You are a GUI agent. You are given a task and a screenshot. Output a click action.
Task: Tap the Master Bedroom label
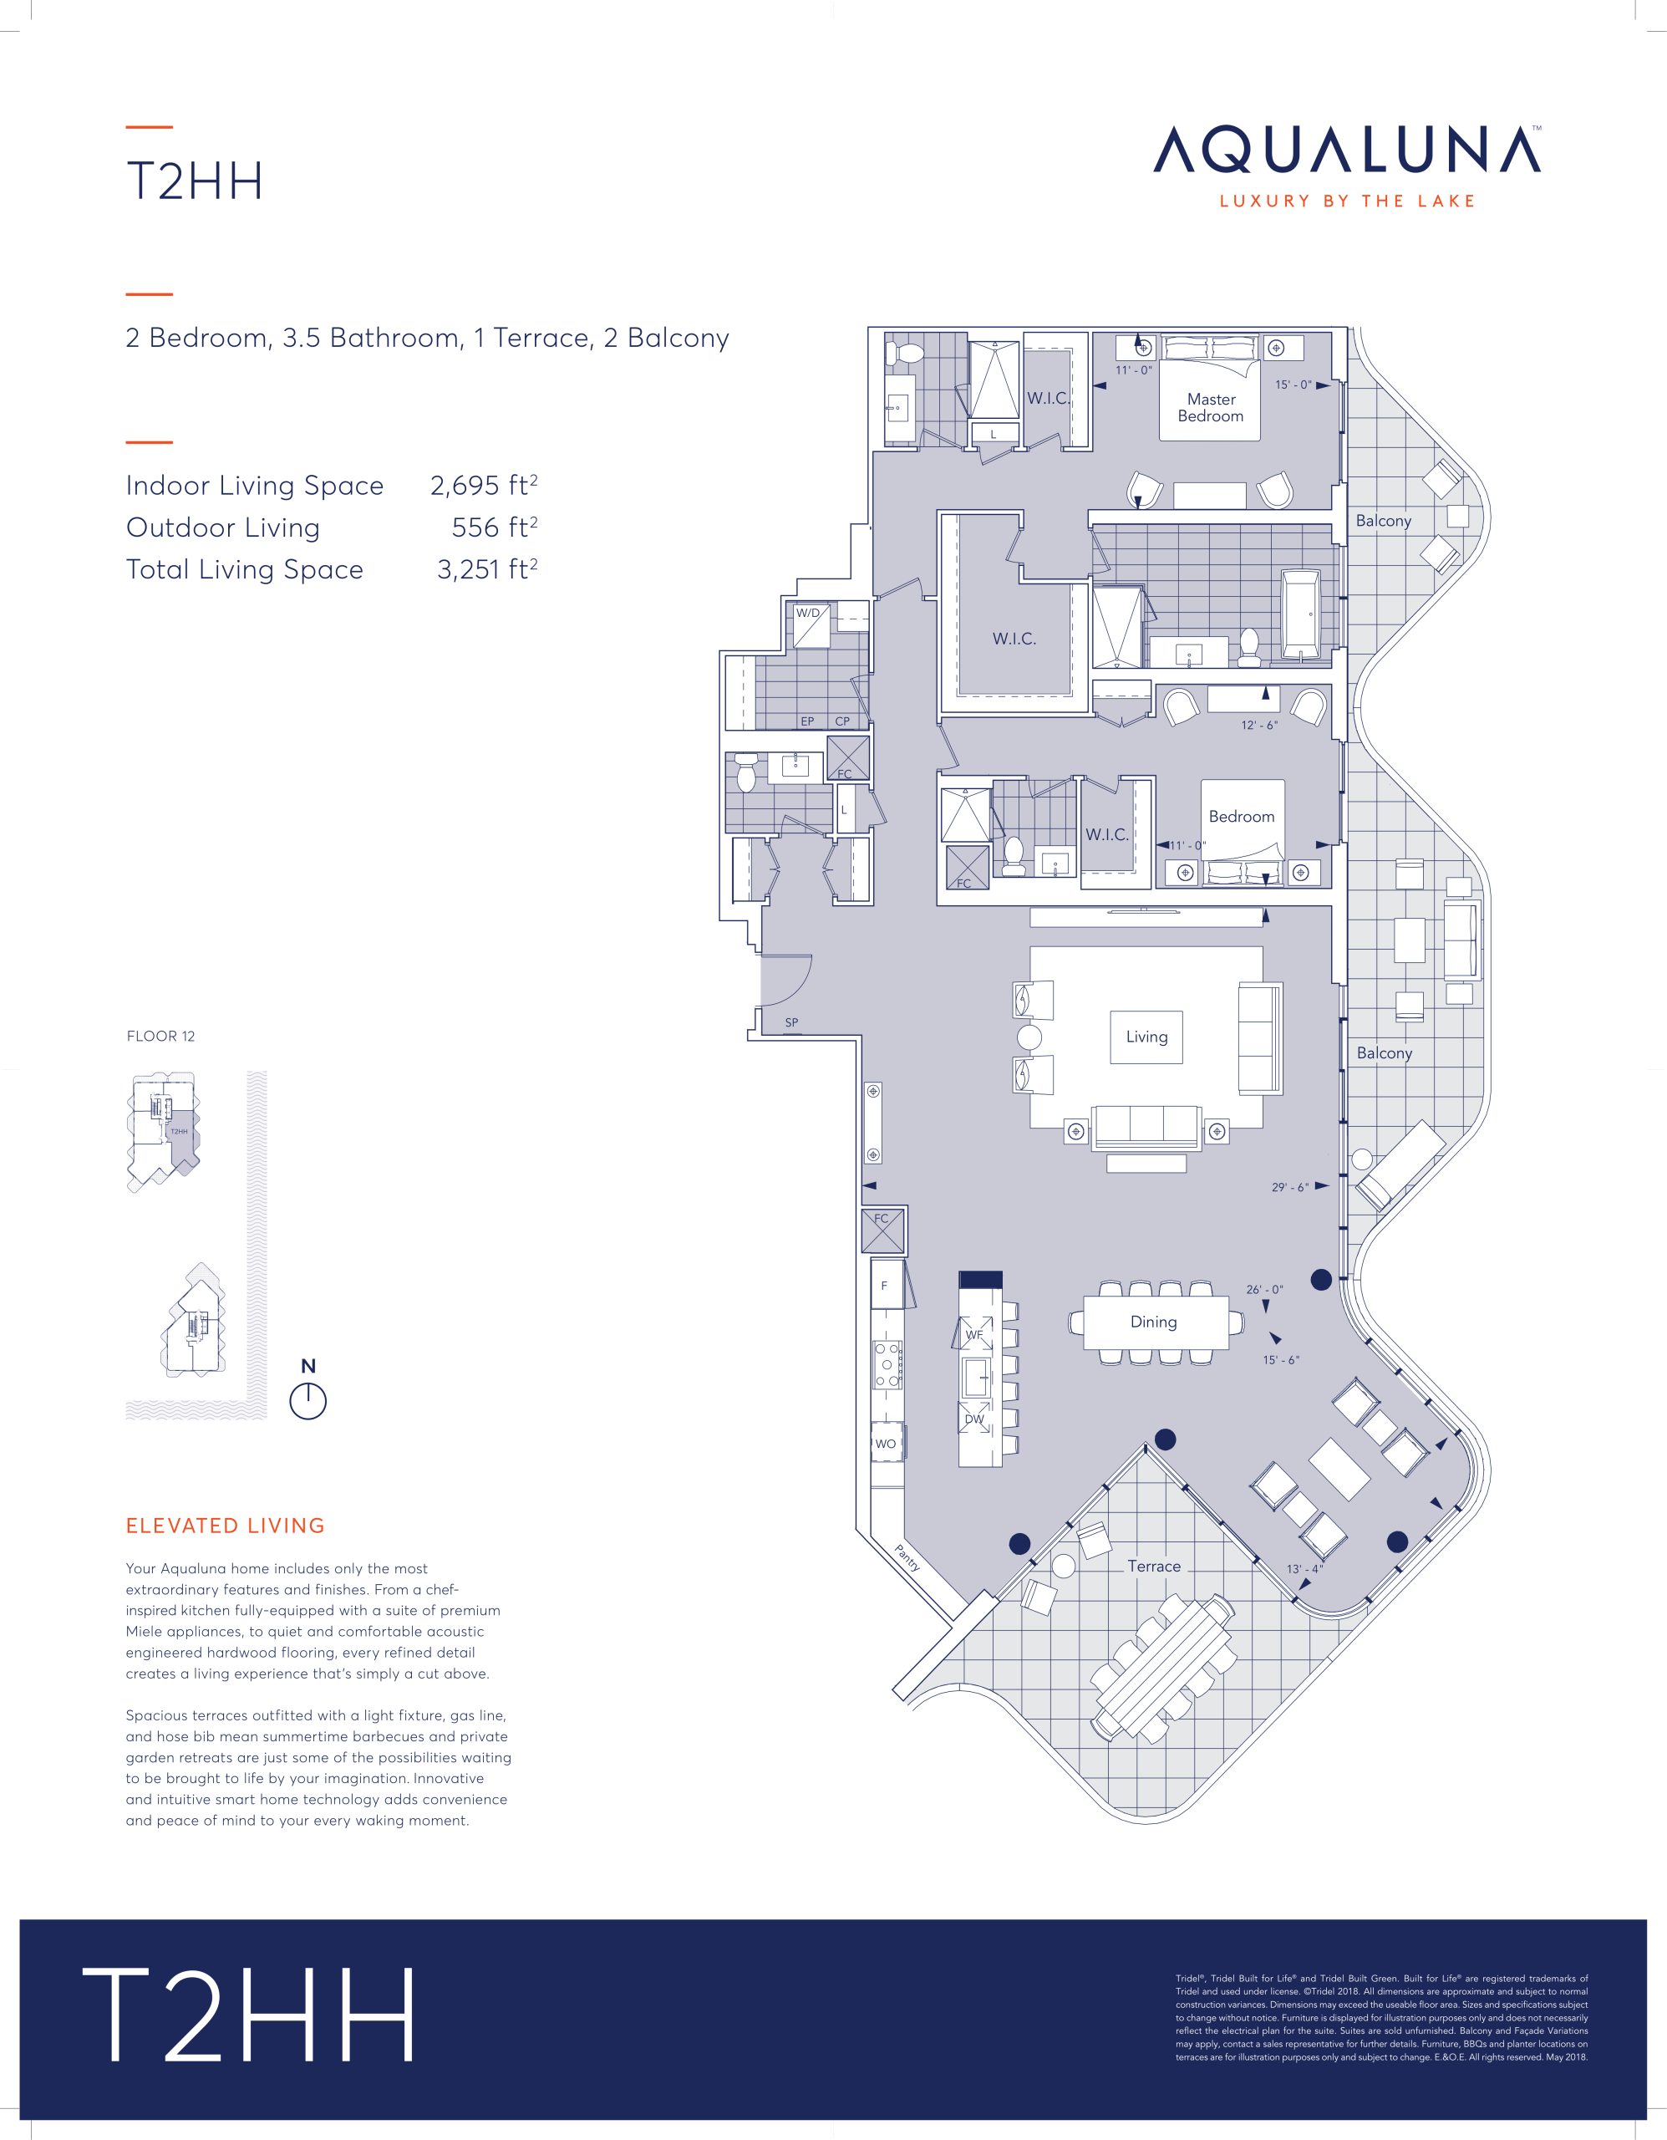(x=1211, y=408)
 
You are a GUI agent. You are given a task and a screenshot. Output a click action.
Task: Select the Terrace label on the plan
(x=1154, y=1566)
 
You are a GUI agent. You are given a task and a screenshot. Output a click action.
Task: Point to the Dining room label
(x=1154, y=1322)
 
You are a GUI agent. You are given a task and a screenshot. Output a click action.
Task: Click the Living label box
(x=1146, y=1037)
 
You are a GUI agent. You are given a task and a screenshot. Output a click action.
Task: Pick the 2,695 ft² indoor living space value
(x=484, y=486)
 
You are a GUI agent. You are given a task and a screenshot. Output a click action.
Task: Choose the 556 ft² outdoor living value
(x=495, y=527)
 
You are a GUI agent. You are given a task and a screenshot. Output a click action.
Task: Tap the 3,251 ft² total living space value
(x=487, y=569)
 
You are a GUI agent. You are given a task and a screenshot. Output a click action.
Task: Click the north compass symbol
(x=307, y=1401)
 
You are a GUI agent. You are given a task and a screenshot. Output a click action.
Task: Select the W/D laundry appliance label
(x=808, y=614)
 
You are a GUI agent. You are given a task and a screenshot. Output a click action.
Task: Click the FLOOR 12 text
(x=160, y=1036)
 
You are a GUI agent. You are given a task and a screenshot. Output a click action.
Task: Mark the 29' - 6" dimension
(x=1290, y=1188)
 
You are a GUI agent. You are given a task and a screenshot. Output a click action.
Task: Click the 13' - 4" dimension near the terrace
(x=1304, y=1569)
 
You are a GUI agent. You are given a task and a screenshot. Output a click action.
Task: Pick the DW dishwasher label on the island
(x=973, y=1419)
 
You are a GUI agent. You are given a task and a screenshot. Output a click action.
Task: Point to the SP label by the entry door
(x=791, y=1023)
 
